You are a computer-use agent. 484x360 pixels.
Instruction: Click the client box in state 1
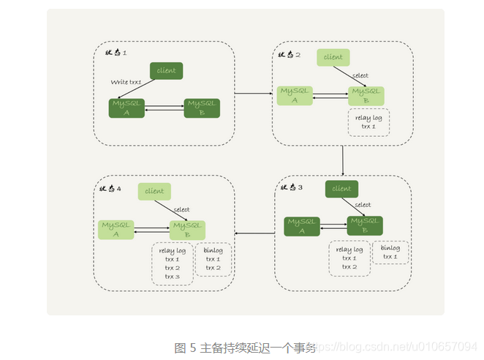click(x=167, y=71)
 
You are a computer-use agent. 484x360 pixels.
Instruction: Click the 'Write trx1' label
click(x=126, y=82)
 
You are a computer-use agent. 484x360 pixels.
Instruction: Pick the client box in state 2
click(x=333, y=57)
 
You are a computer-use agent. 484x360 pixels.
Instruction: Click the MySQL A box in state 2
click(x=295, y=95)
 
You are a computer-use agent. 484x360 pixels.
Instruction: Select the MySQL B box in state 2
click(x=366, y=95)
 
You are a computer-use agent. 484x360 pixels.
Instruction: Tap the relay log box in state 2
click(x=368, y=122)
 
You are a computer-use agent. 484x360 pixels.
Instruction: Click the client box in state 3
click(x=341, y=189)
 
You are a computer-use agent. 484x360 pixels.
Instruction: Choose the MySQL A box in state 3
click(x=303, y=226)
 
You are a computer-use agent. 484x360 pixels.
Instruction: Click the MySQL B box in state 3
click(x=365, y=226)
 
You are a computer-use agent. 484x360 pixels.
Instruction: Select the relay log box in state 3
click(x=349, y=258)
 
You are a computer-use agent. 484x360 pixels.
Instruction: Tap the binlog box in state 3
click(x=390, y=252)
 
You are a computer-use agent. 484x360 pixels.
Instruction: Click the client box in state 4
click(x=154, y=192)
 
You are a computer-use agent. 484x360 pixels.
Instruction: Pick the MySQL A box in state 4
click(x=116, y=230)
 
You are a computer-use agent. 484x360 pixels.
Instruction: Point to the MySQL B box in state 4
click(x=187, y=230)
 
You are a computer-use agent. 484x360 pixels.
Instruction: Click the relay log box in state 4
click(x=172, y=263)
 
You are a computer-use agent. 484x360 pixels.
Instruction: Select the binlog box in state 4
click(x=213, y=259)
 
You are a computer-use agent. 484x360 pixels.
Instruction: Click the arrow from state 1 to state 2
click(x=253, y=94)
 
